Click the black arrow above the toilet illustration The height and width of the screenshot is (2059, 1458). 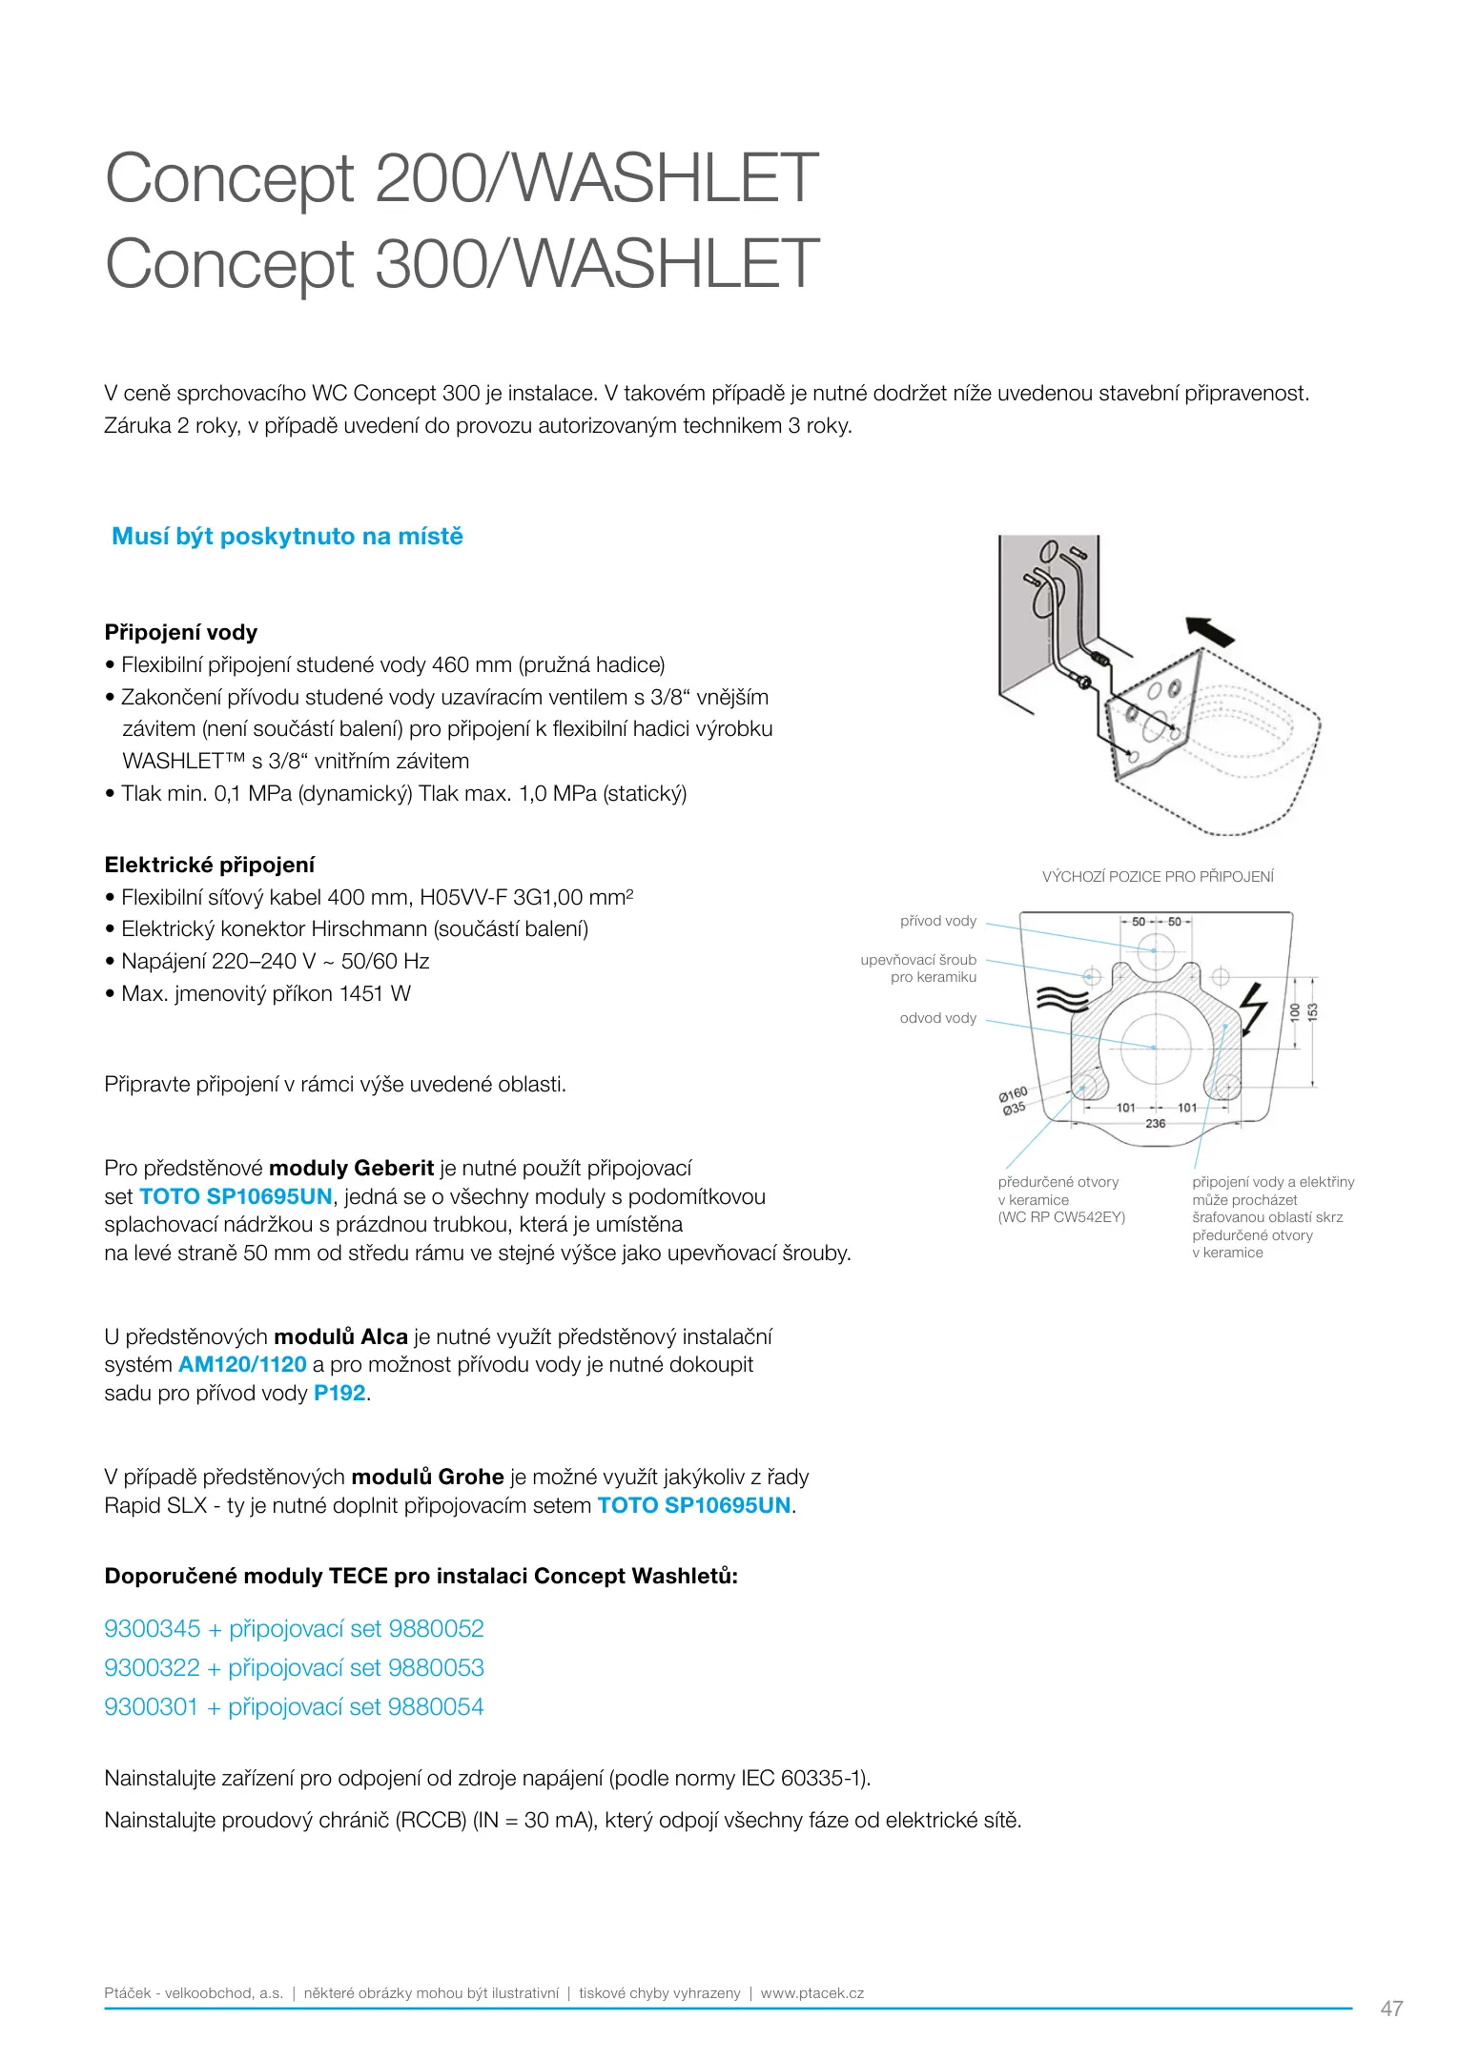(1209, 631)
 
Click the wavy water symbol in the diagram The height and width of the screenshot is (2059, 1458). (1061, 998)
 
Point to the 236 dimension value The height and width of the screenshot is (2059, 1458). (1155, 1124)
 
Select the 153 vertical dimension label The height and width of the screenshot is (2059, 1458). (1313, 1012)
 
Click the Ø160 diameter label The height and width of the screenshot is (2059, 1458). (1013, 1093)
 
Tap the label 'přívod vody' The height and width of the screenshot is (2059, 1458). (938, 921)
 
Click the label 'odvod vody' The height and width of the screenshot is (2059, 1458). (938, 1018)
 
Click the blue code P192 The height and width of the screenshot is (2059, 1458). (339, 1393)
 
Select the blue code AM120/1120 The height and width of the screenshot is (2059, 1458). (242, 1364)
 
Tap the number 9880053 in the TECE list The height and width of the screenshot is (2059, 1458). (436, 1667)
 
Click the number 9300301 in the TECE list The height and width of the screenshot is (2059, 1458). (151, 1706)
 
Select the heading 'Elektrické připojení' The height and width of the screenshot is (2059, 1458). (210, 865)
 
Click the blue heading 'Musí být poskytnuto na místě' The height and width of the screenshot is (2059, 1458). (287, 537)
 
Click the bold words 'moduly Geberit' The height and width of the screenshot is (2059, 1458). (351, 1168)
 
